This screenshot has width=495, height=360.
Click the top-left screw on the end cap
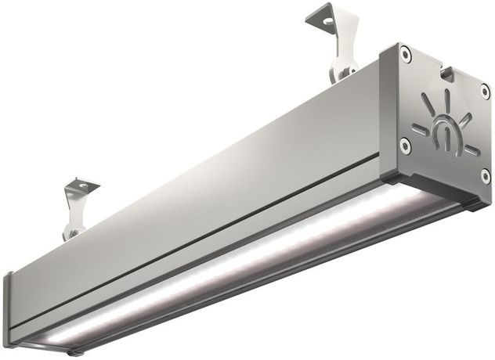(405, 54)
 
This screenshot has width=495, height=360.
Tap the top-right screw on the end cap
(485, 91)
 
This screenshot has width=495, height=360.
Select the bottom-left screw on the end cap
(404, 145)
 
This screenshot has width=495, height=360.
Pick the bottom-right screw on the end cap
(485, 175)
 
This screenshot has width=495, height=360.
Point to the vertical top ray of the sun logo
(448, 99)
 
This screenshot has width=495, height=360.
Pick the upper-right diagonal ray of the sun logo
(467, 120)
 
